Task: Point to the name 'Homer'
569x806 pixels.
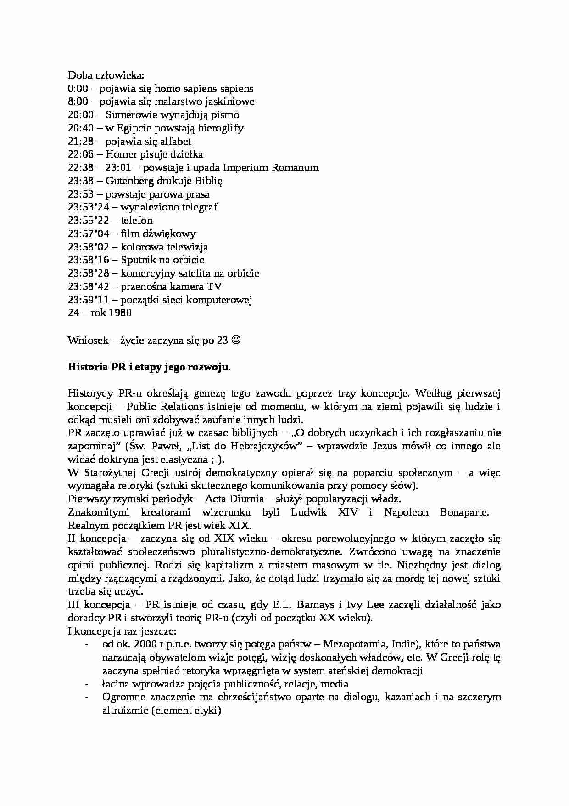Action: tap(120, 154)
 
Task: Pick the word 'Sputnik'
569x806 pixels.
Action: tap(138, 260)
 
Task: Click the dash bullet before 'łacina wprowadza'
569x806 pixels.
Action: tap(88, 684)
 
